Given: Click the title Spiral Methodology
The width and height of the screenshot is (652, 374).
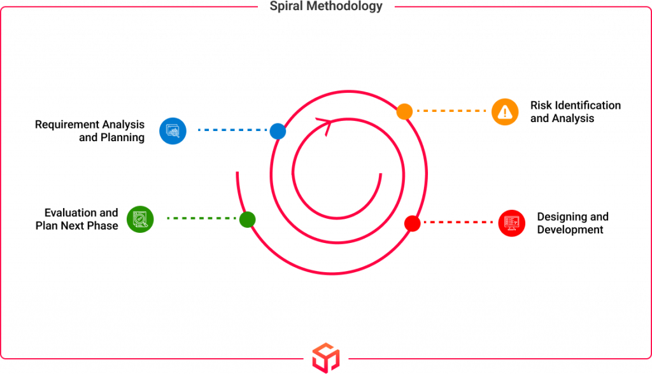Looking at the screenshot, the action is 325,6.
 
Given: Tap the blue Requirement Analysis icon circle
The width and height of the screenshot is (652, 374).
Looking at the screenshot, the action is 173,131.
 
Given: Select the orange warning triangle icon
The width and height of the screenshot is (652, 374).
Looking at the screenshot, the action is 505,112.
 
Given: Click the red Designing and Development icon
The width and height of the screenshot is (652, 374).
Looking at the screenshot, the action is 511,223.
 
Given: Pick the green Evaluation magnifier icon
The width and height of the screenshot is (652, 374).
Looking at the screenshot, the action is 140,219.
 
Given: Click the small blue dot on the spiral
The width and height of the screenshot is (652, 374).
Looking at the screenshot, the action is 278,131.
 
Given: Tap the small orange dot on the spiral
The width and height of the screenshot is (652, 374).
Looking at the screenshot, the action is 404,111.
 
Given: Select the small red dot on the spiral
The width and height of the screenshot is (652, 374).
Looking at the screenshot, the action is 412,223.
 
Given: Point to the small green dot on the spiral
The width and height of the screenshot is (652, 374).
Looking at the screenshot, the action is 248,219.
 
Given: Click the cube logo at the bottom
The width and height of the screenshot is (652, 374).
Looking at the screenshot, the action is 326,358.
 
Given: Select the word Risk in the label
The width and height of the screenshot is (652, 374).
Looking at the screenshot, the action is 541,105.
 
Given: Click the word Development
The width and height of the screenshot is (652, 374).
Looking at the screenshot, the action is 570,230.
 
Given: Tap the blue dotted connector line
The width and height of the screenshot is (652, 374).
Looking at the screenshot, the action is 232,130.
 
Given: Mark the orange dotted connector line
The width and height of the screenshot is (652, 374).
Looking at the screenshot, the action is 451,111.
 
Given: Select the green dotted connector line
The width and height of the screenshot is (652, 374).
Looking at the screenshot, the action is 201,218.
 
